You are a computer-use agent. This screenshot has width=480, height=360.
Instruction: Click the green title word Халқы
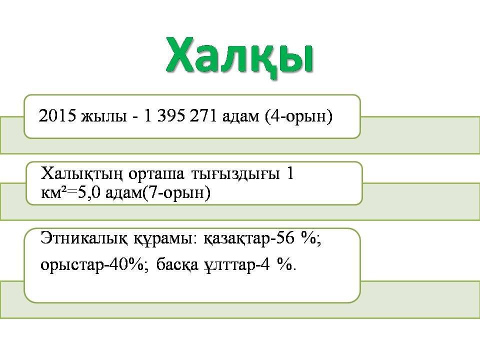tap(239, 57)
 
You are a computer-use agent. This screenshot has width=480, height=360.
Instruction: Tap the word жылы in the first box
tap(104, 117)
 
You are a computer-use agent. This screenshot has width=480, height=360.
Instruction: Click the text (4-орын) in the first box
tap(299, 116)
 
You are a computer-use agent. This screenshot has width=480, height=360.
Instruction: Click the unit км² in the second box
tap(52, 193)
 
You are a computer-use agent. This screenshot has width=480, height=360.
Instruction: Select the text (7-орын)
tap(177, 193)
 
